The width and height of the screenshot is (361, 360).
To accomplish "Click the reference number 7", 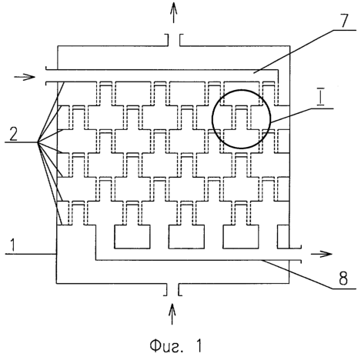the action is pyautogui.click(x=345, y=20).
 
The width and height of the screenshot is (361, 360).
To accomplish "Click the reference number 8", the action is pyautogui.click(x=343, y=278).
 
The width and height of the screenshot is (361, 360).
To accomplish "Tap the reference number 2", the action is pyautogui.click(x=13, y=134).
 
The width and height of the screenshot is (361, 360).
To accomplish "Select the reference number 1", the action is pyautogui.click(x=12, y=245).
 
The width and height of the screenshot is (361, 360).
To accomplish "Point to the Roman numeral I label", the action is pyautogui.click(x=320, y=98).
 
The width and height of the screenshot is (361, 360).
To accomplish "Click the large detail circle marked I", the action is pyautogui.click(x=270, y=119).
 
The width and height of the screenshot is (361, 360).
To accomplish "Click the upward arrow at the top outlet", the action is pyautogui.click(x=174, y=12).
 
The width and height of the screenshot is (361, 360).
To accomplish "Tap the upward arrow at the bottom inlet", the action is pyautogui.click(x=172, y=314).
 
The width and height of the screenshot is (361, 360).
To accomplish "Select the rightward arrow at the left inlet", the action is pyautogui.click(x=25, y=77).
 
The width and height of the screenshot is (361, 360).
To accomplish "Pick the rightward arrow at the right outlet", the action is pyautogui.click(x=322, y=254).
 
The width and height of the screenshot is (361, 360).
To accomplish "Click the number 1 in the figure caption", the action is pyautogui.click(x=198, y=345).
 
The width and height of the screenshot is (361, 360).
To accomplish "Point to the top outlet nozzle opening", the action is pyautogui.click(x=174, y=40).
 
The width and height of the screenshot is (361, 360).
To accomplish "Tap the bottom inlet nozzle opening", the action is pyautogui.click(x=172, y=289).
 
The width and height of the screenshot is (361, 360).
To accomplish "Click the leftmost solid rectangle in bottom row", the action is pyautogui.click(x=132, y=237).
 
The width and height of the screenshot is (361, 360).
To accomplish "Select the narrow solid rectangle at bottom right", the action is pyautogui.click(x=283, y=237).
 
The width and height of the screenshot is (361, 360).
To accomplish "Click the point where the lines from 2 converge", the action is pyautogui.click(x=38, y=142).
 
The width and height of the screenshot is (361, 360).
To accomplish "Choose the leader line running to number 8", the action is pyautogui.click(x=308, y=274).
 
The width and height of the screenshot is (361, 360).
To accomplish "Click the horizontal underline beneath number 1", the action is pyautogui.click(x=31, y=254).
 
